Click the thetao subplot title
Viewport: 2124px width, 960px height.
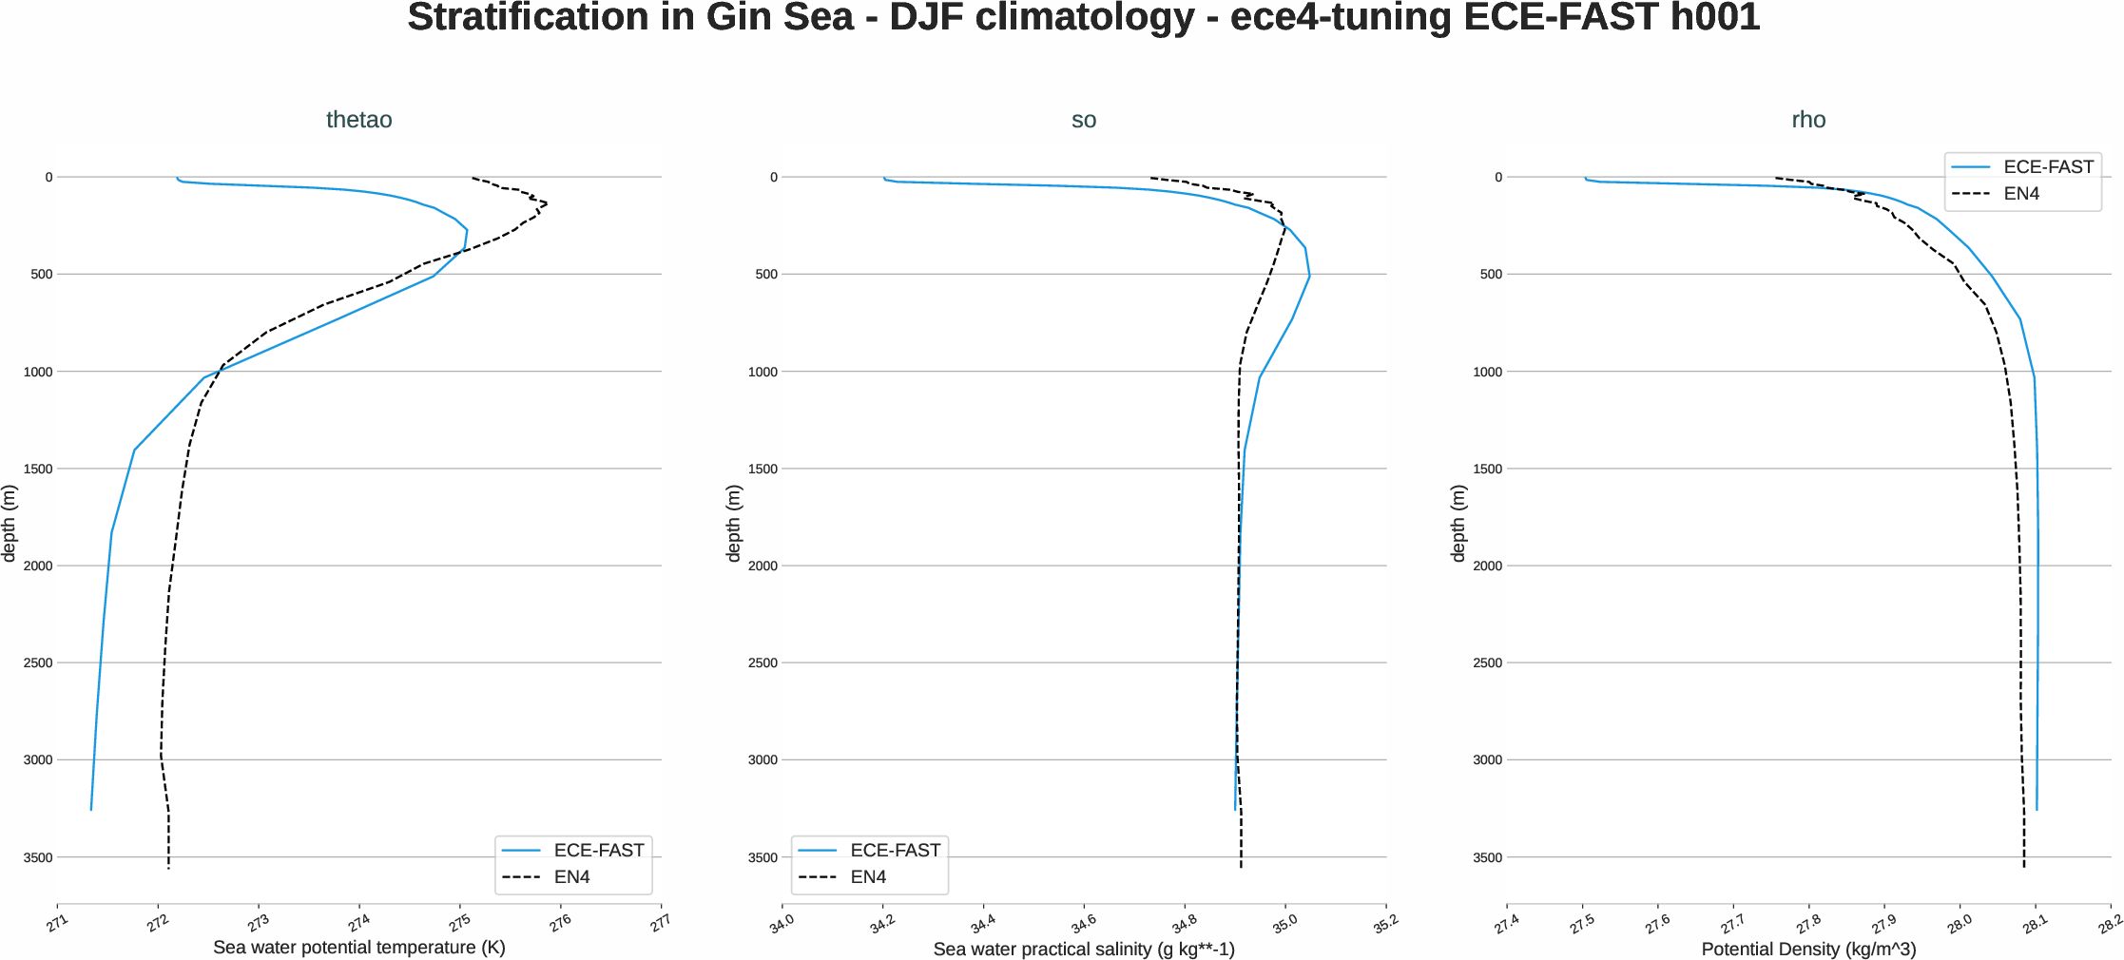[x=358, y=120]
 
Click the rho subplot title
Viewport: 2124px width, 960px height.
[x=1808, y=120]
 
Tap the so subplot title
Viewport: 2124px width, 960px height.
[x=1083, y=120]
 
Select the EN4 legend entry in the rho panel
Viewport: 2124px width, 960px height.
[x=2021, y=194]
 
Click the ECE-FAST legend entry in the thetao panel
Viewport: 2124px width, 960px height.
[x=598, y=851]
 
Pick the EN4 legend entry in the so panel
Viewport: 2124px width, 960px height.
[x=867, y=877]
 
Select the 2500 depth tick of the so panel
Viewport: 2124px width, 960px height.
[x=763, y=662]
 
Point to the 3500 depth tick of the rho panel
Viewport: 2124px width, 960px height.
[x=1487, y=857]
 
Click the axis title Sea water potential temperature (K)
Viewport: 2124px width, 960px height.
[x=358, y=948]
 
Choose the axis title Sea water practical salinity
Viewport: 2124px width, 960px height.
[x=1083, y=949]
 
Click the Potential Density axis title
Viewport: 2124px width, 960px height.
[x=1808, y=949]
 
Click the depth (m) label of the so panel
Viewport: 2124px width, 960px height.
[x=733, y=523]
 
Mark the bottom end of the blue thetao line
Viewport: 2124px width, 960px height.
[x=91, y=809]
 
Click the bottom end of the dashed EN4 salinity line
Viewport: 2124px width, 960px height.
[x=1241, y=866]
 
